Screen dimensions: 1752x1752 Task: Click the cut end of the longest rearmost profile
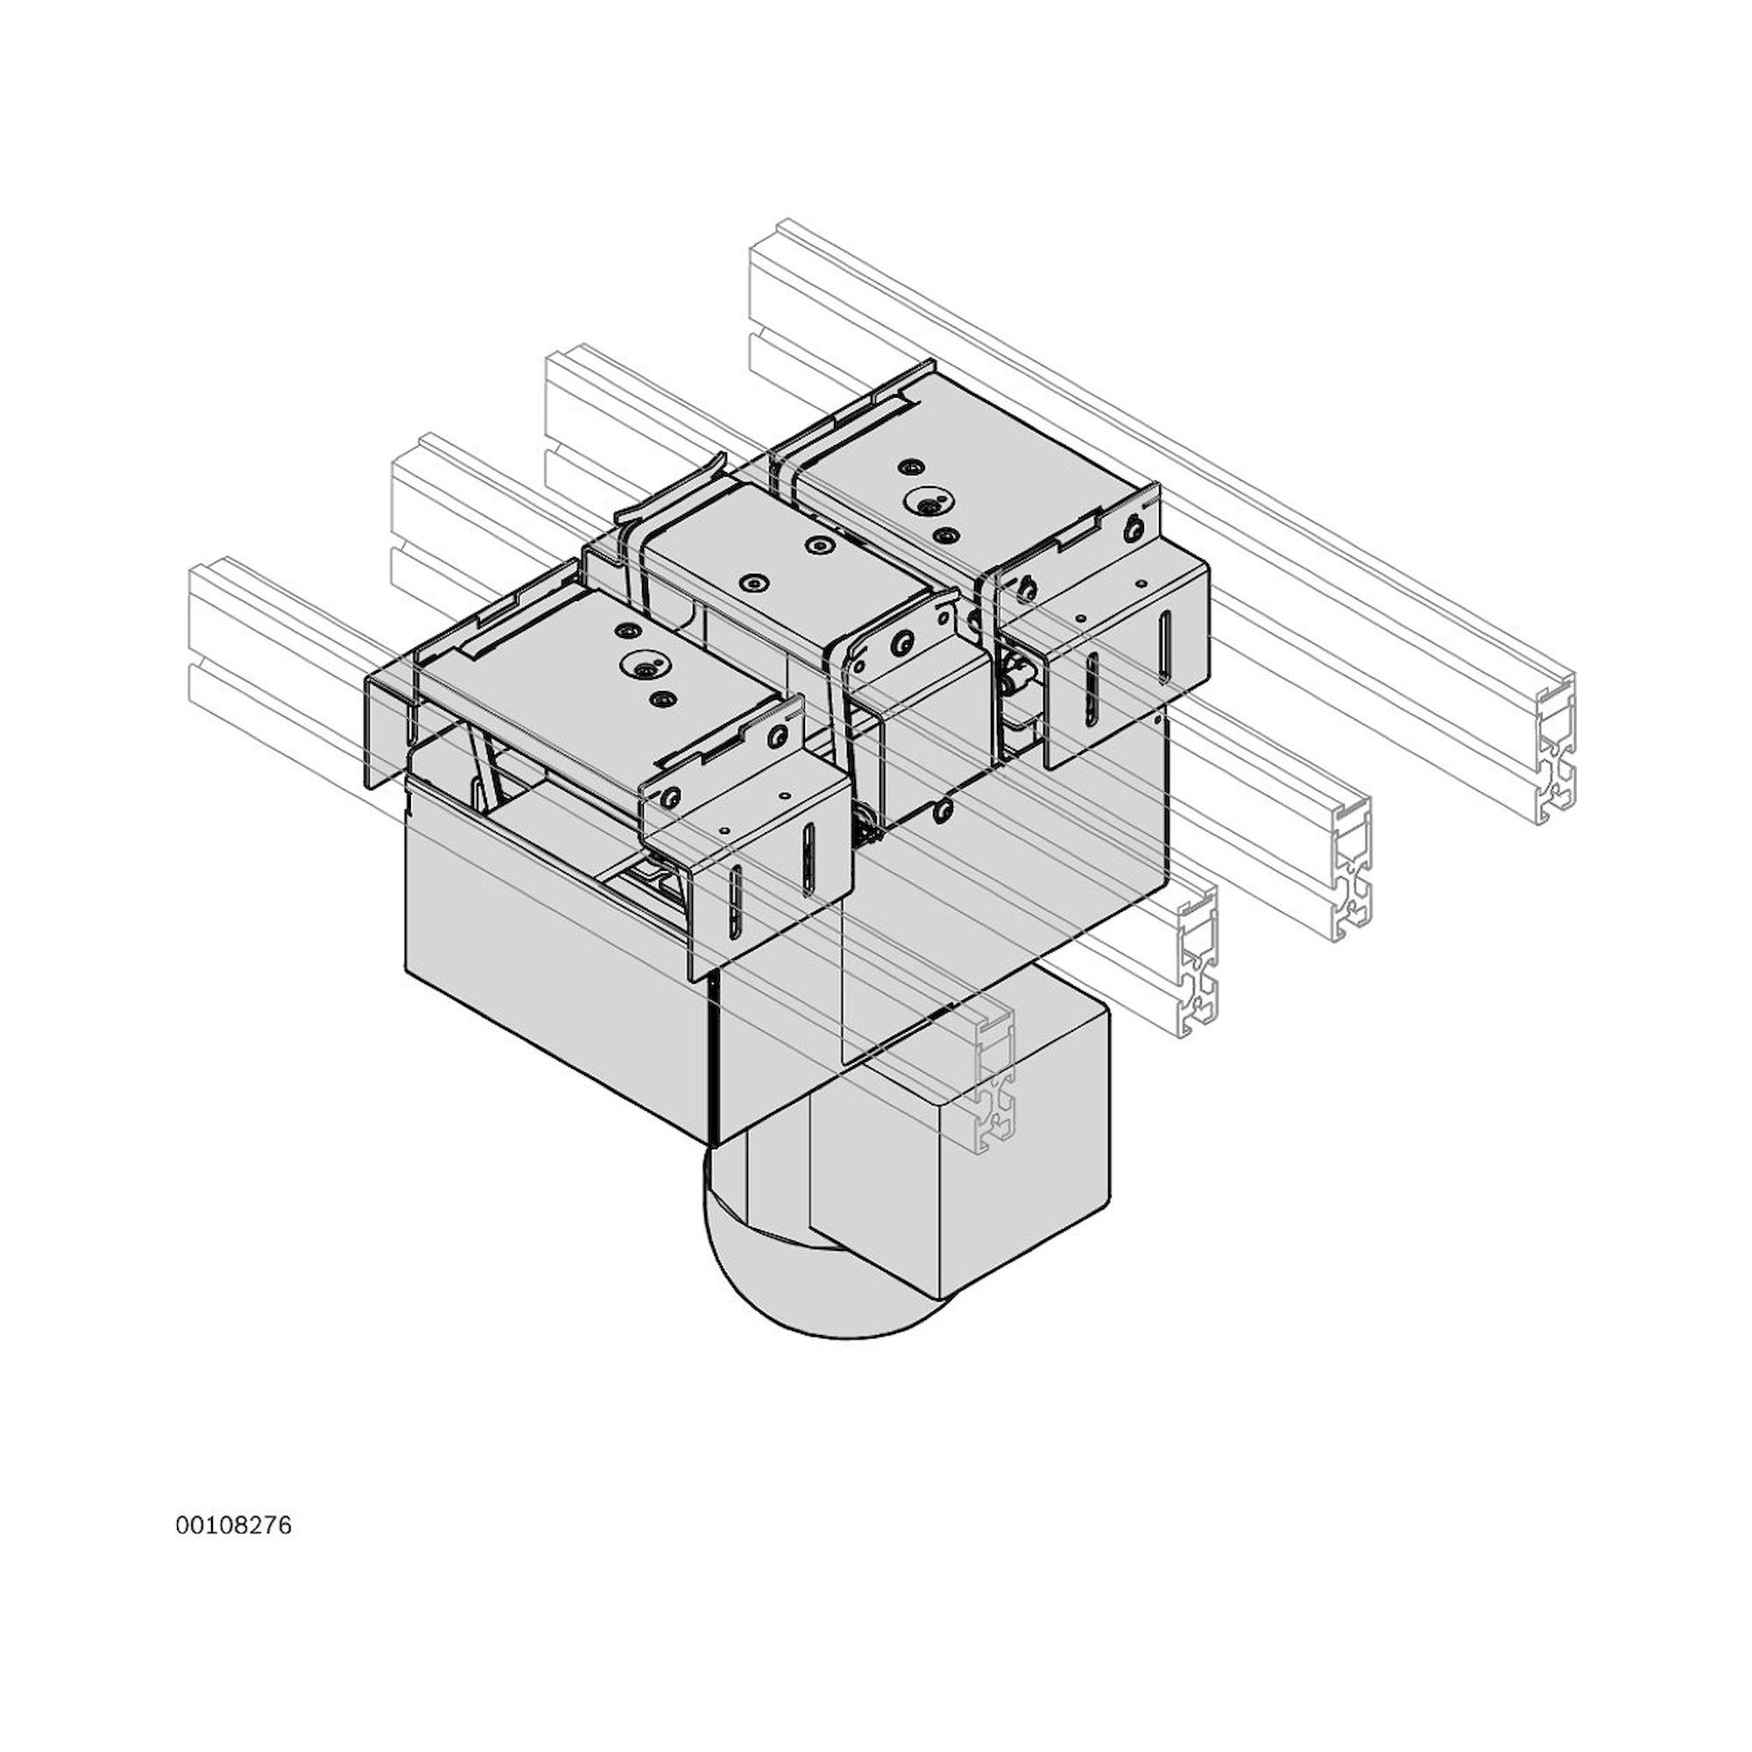(1556, 758)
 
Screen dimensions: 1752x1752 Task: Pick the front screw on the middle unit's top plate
(752, 582)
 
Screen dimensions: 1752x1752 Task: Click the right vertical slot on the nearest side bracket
(805, 856)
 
